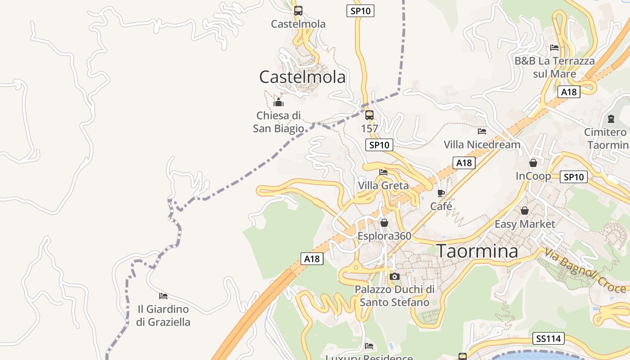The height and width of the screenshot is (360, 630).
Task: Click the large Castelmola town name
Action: (302, 77)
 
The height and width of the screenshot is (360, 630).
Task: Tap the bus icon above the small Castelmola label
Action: (298, 10)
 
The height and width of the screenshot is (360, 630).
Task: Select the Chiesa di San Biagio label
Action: (278, 122)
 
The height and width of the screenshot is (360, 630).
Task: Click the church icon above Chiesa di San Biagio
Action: (279, 102)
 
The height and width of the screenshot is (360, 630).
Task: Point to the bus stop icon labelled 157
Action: (369, 115)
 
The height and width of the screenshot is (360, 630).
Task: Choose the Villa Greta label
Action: (383, 185)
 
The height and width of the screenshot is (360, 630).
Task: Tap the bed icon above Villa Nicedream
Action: (482, 131)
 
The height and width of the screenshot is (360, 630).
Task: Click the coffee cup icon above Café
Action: (441, 193)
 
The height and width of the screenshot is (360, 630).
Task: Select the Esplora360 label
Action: (384, 236)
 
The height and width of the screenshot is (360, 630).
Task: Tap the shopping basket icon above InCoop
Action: (533, 163)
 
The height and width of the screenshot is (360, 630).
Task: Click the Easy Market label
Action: (525, 224)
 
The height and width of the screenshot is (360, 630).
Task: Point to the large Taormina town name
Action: (477, 251)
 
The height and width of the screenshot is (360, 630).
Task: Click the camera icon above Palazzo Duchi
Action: (395, 276)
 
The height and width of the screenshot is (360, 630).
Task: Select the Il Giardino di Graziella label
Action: (163, 315)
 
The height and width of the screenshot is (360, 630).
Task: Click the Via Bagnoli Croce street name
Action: (585, 270)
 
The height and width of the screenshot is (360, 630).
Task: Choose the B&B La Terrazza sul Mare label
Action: (554, 67)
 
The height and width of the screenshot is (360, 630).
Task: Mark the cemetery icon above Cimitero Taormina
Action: (611, 119)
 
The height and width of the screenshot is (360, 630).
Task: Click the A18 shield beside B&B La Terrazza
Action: (569, 92)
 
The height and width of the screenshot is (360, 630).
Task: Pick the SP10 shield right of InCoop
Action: (574, 177)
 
